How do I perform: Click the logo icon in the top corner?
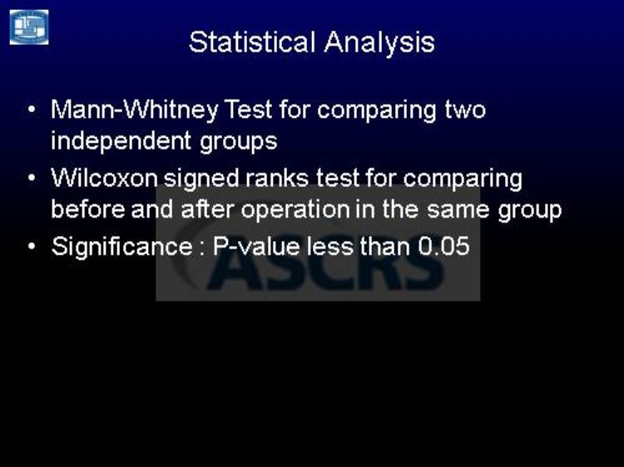pyautogui.click(x=29, y=27)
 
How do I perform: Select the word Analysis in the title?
pyautogui.click(x=379, y=43)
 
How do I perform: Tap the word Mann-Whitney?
pyautogui.click(x=135, y=110)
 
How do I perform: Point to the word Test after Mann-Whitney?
pyautogui.click(x=248, y=110)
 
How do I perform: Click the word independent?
pyautogui.click(x=121, y=141)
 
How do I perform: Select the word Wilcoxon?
pyautogui.click(x=104, y=178)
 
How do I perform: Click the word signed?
pyautogui.click(x=201, y=179)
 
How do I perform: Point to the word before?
pyautogui.click(x=88, y=209)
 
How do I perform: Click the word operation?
pyautogui.click(x=295, y=210)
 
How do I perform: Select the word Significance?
pyautogui.click(x=122, y=247)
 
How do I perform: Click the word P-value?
pyautogui.click(x=256, y=247)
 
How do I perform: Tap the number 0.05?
pyautogui.click(x=443, y=247)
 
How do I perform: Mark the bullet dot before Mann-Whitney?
pyautogui.click(x=32, y=109)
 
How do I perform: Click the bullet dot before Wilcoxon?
pyautogui.click(x=32, y=177)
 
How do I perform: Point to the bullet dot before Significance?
pyautogui.click(x=32, y=246)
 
